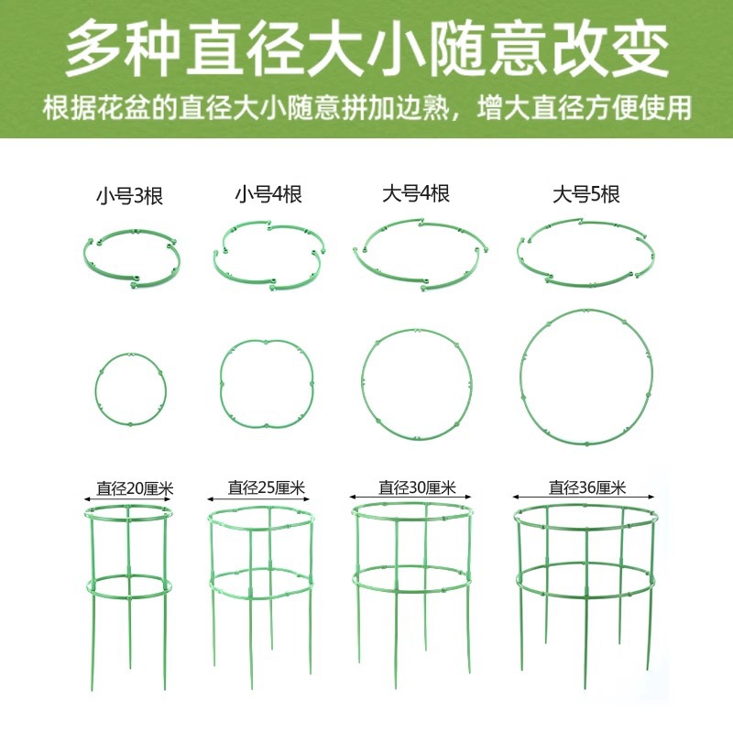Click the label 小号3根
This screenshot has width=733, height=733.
(x=129, y=195)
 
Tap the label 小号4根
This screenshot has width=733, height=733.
(x=268, y=194)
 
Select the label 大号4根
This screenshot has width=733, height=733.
(x=415, y=194)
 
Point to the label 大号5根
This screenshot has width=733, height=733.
(x=586, y=194)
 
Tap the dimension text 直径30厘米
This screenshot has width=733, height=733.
(x=416, y=488)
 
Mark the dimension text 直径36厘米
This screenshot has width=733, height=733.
(x=586, y=488)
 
